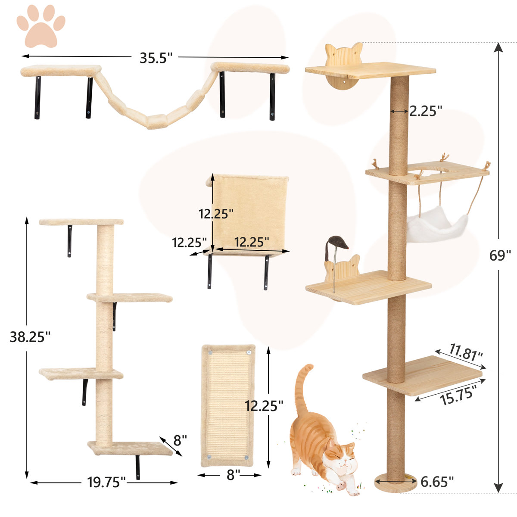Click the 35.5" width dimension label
tap(156, 58)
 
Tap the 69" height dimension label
tap(500, 255)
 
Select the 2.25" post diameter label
tap(426, 111)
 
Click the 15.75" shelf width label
tap(458, 394)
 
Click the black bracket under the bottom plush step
tap(138, 467)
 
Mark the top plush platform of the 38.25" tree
tap(81, 222)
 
